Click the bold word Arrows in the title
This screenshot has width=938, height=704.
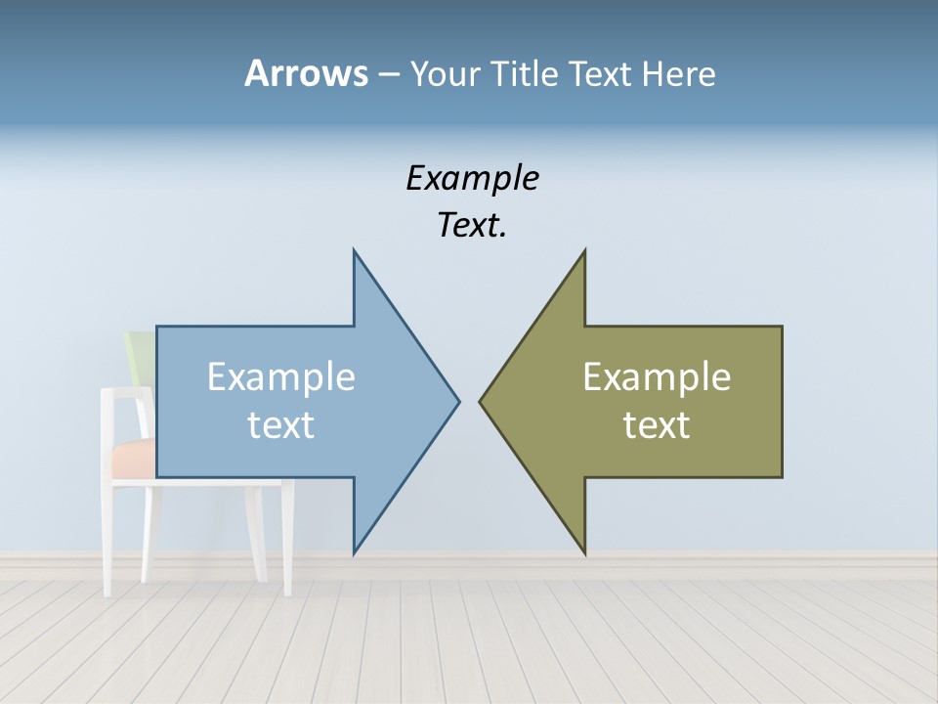(306, 74)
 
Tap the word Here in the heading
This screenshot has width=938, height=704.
(678, 74)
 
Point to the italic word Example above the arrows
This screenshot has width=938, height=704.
(472, 179)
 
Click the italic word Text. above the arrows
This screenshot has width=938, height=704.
(472, 226)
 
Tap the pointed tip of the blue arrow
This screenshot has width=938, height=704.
(457, 400)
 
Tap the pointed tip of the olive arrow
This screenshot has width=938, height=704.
(482, 400)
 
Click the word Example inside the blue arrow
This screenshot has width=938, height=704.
(281, 377)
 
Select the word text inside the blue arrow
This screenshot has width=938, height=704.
(281, 425)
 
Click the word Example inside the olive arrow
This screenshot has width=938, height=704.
(657, 377)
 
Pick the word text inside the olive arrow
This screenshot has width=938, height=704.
(657, 425)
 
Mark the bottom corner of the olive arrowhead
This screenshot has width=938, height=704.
(584, 551)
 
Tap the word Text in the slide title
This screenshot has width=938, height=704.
(601, 74)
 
